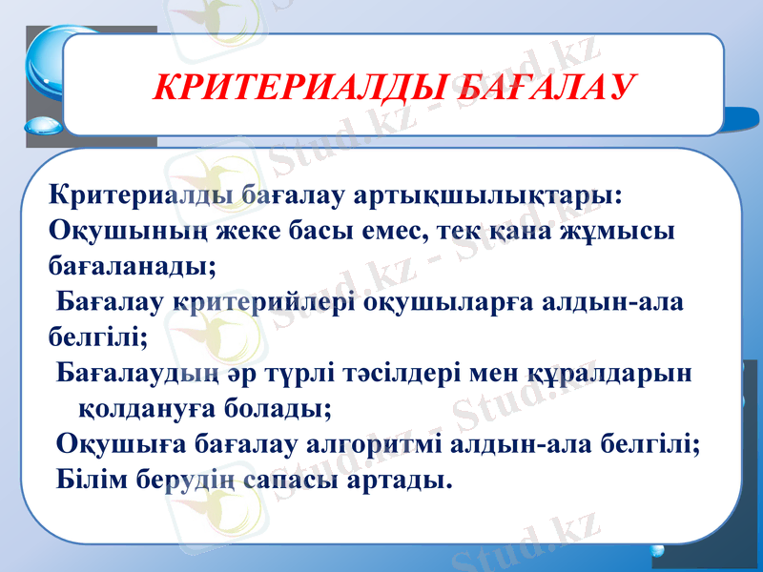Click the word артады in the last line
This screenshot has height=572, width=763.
point(408,476)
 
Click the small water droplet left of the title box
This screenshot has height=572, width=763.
point(43,126)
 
